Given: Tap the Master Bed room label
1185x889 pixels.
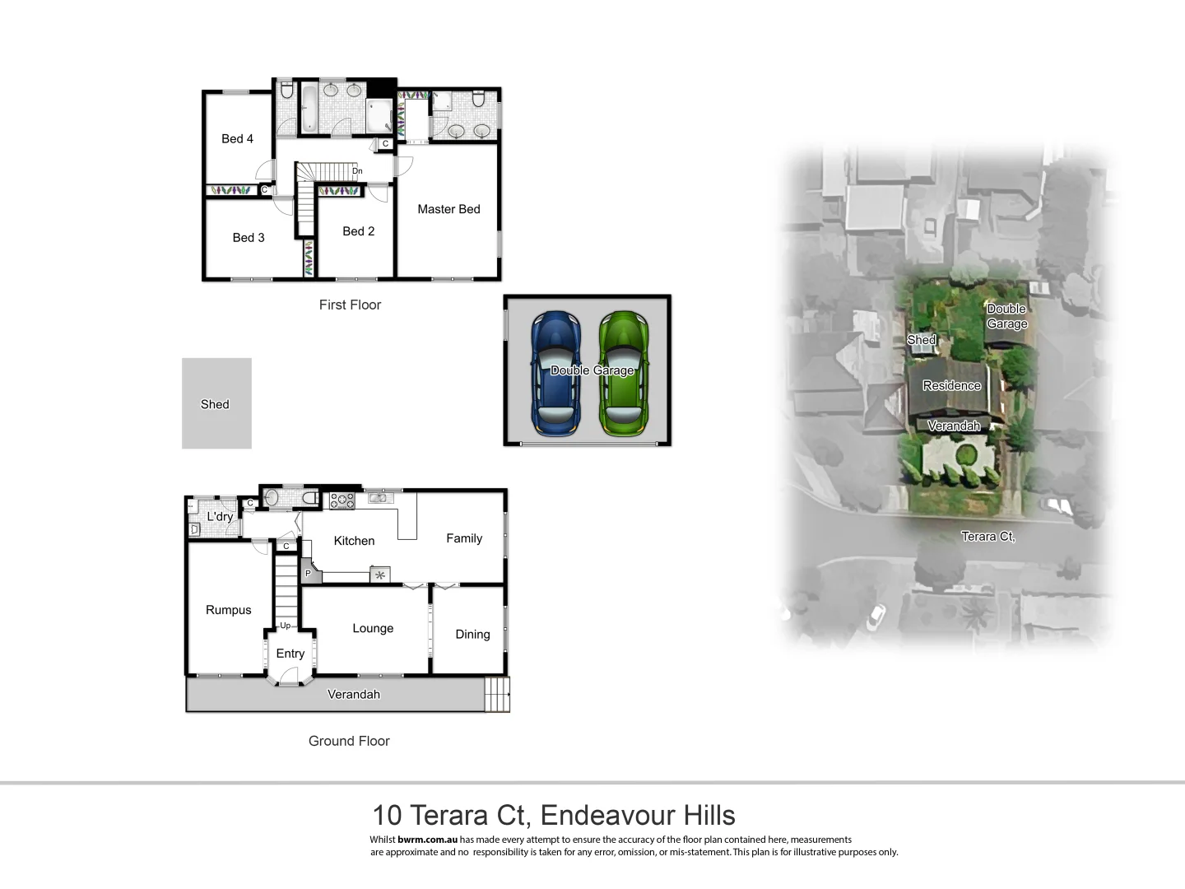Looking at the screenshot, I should tap(448, 209).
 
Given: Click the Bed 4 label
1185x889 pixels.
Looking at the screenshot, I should tap(237, 138).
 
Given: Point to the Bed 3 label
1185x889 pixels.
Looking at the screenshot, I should tap(249, 237).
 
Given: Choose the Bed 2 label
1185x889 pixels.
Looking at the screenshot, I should tap(358, 231).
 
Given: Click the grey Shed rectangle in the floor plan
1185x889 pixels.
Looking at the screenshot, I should tap(216, 403).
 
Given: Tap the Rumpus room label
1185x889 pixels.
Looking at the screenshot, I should tap(229, 610).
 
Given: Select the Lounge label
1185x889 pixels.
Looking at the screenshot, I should tap(373, 628).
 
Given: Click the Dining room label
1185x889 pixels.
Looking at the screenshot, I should tap(472, 634).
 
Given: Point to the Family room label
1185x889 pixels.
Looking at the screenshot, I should tap(464, 538).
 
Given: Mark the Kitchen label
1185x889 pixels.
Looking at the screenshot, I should tap(354, 541).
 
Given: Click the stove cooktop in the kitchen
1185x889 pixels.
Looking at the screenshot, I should tap(342, 500).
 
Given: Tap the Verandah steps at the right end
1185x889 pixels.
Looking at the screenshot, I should tap(497, 694).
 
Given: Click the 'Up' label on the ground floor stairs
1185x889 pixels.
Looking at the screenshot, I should tap(285, 626).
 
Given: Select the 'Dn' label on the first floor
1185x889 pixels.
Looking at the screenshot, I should tap(357, 171).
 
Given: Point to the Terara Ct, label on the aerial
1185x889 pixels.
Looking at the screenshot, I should tap(987, 536).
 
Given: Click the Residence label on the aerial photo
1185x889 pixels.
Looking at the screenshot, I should tap(951, 385).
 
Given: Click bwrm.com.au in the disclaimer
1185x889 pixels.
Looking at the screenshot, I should tap(427, 840).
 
